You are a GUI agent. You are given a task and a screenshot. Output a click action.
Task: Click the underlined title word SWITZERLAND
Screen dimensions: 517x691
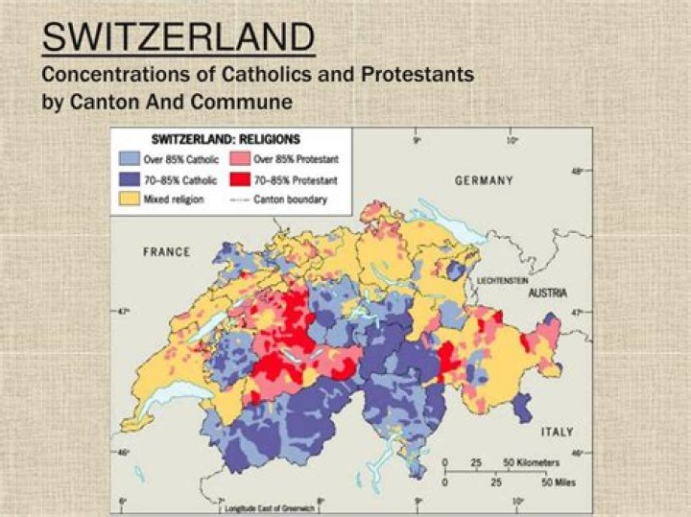pyautogui.click(x=178, y=37)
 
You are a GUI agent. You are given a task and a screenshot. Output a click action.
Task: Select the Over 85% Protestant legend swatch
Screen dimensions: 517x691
pyautogui.click(x=240, y=158)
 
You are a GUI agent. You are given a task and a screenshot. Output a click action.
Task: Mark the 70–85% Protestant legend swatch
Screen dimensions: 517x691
pyautogui.click(x=240, y=179)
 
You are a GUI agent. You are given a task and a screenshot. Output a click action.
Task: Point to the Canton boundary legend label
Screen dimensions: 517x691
pyautogui.click(x=290, y=200)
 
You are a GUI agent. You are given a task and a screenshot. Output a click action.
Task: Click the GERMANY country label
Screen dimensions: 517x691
pyautogui.click(x=484, y=180)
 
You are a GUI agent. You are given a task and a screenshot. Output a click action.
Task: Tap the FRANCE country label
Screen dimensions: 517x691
pyautogui.click(x=166, y=252)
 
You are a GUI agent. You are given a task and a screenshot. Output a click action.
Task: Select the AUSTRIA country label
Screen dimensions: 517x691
pyautogui.click(x=547, y=293)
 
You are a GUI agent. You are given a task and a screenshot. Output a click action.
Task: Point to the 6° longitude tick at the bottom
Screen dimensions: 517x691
pyautogui.click(x=123, y=500)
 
